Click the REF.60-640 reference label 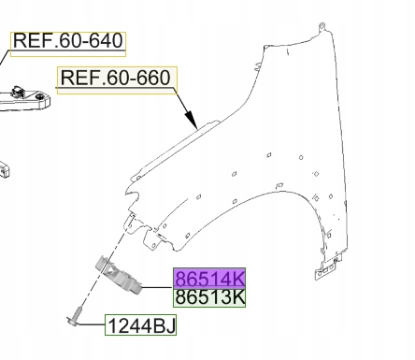tap(68, 42)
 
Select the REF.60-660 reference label tap(117, 79)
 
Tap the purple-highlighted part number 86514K tap(209, 279)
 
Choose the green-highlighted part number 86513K tap(209, 298)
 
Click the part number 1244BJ tap(139, 326)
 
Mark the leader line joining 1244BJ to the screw tap(93, 325)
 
